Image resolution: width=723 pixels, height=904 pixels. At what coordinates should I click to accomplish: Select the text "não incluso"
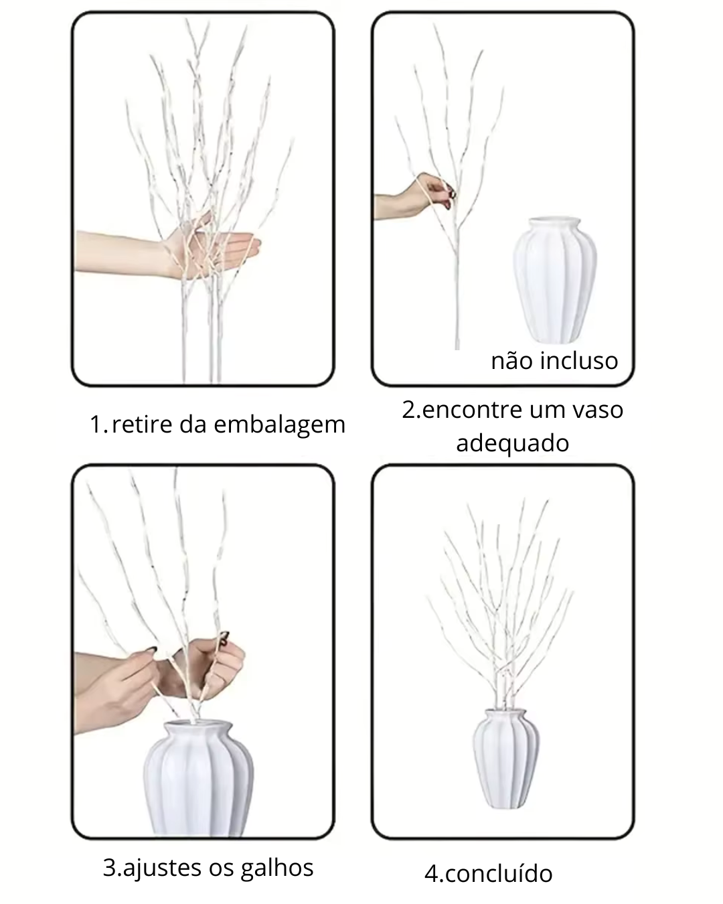[x=554, y=361]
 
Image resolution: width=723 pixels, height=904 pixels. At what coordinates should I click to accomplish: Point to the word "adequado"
[x=512, y=443]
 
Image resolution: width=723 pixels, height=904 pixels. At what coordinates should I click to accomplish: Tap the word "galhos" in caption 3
[x=278, y=867]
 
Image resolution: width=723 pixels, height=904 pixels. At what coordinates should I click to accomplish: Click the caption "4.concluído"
[x=489, y=874]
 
